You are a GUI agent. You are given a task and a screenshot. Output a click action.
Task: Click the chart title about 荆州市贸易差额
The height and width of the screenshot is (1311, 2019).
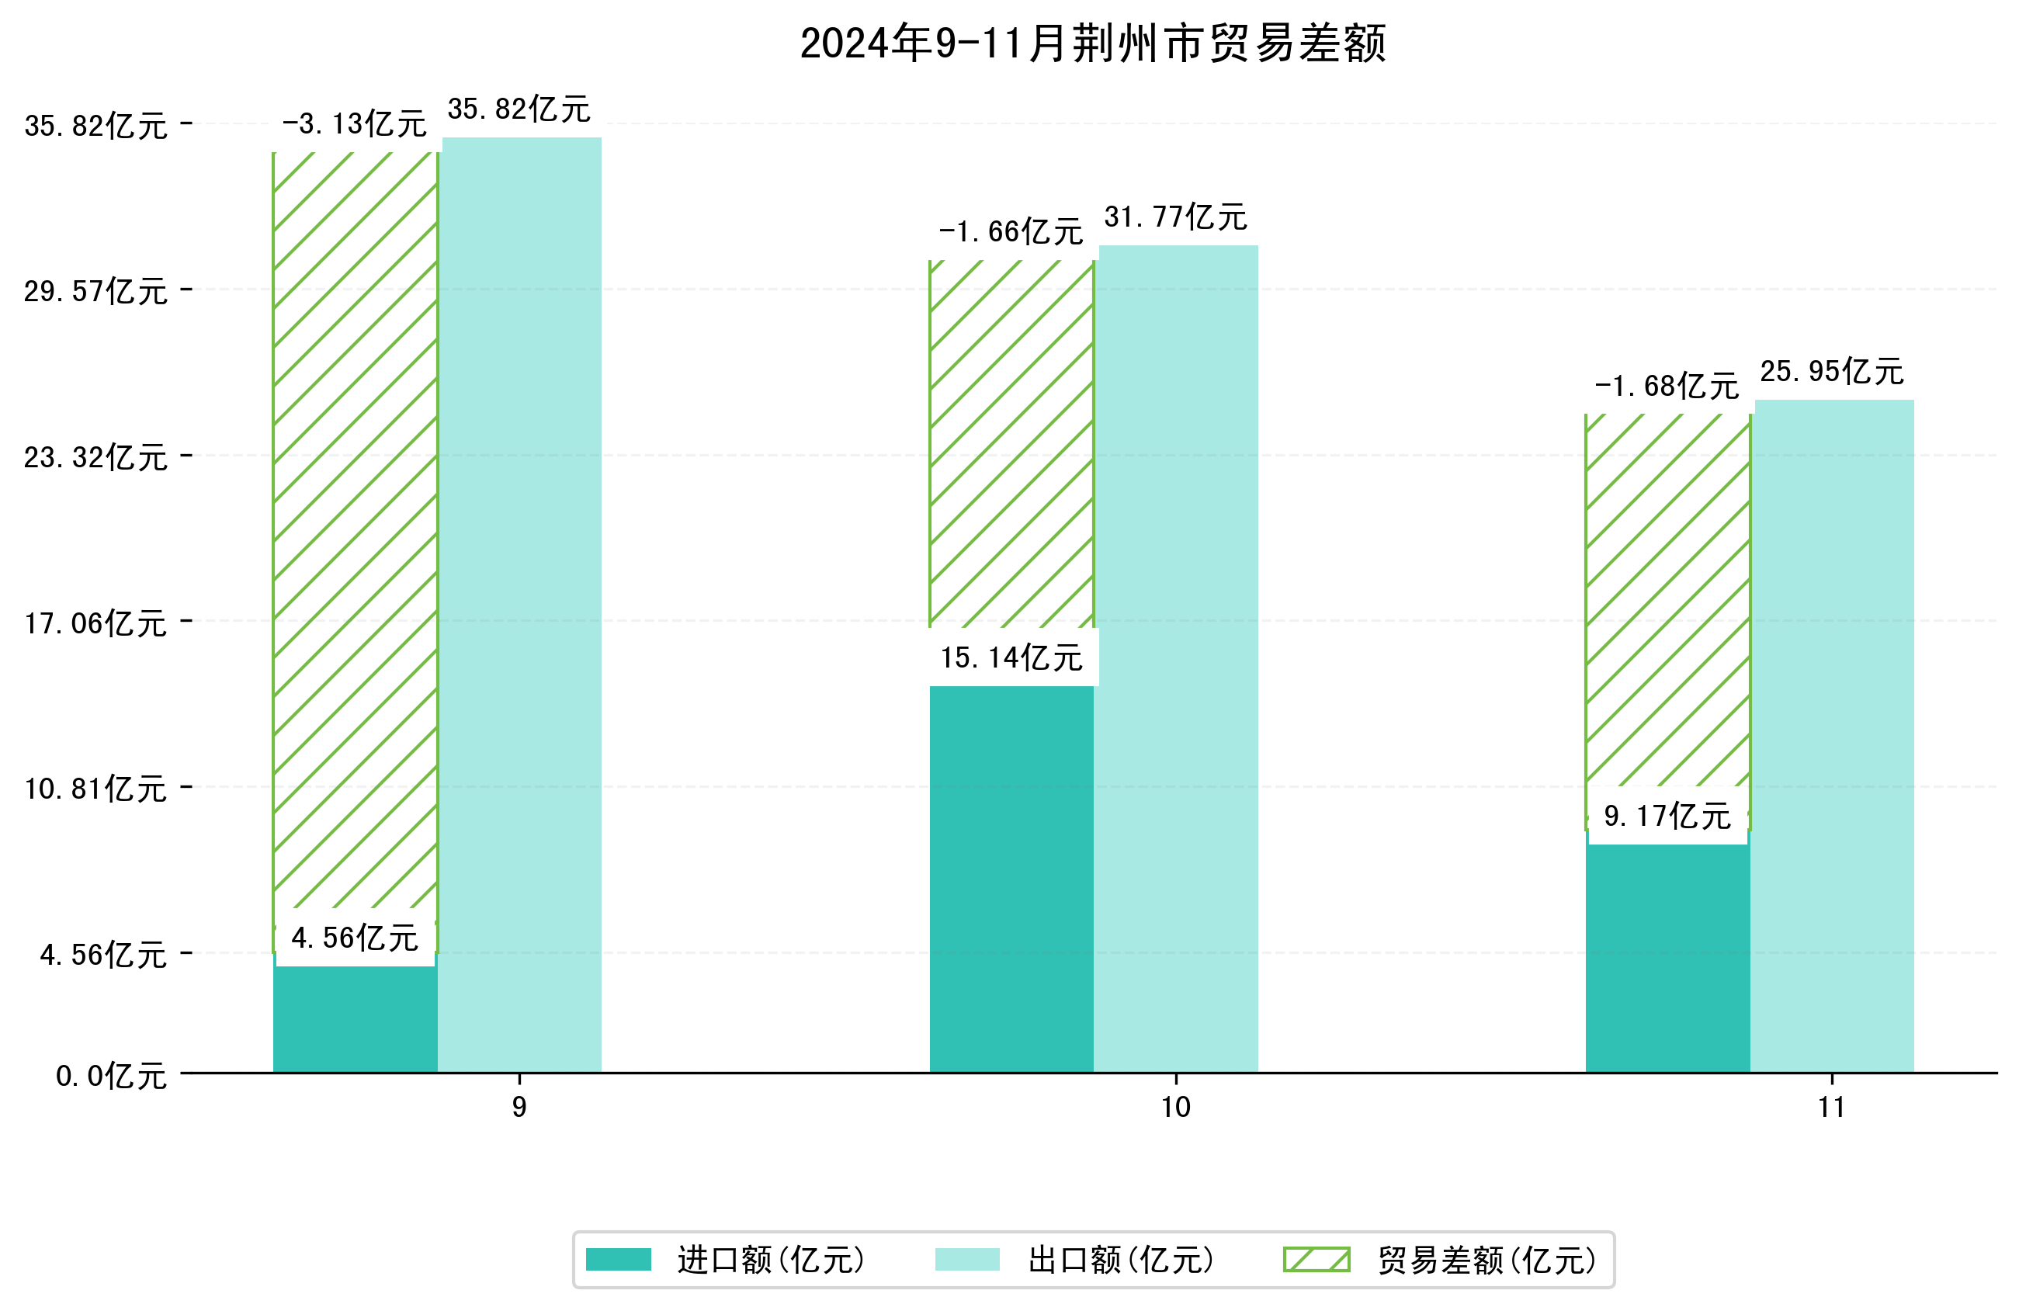(1093, 43)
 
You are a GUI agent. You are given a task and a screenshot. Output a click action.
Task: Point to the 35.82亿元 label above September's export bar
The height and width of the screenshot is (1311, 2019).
(519, 109)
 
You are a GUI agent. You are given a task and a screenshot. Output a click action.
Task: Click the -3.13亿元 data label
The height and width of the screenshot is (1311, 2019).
(354, 125)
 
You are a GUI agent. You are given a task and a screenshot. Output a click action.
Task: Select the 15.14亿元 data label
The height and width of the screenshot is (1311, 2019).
(1011, 657)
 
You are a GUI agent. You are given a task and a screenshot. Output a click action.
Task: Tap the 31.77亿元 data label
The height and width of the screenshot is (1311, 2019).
(1175, 217)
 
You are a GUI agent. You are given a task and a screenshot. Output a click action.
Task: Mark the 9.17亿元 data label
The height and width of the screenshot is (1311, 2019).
(1667, 817)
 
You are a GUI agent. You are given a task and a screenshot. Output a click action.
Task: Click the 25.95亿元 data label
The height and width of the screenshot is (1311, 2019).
(1831, 372)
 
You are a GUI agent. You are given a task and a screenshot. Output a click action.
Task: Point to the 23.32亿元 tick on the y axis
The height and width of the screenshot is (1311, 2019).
(95, 458)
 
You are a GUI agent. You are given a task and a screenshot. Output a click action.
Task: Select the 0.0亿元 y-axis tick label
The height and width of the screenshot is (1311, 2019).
(111, 1077)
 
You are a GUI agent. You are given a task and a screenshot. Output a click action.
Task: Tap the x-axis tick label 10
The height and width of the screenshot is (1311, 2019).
(1176, 1108)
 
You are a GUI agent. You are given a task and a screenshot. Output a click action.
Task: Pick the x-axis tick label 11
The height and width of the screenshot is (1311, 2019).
(1831, 1108)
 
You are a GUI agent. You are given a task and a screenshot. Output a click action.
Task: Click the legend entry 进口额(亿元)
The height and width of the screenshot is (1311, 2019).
(770, 1260)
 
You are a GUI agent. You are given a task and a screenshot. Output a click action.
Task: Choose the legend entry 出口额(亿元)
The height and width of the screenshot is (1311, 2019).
(1121, 1260)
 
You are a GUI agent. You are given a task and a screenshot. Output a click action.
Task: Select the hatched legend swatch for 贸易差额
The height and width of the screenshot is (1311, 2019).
(1316, 1260)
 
